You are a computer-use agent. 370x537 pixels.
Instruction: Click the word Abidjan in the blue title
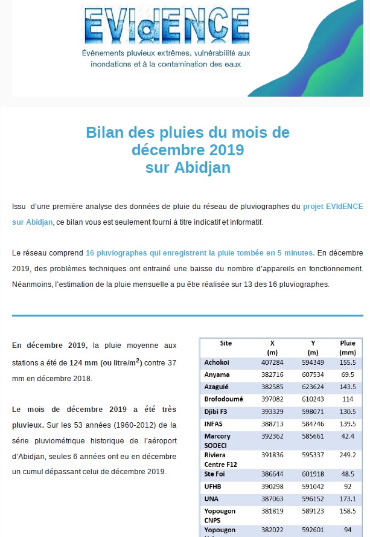click(x=206, y=167)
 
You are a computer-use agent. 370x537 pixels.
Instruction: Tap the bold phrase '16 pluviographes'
click(x=114, y=252)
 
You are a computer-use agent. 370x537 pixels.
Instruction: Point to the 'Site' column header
click(x=226, y=343)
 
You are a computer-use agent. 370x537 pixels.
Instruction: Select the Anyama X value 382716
click(x=273, y=374)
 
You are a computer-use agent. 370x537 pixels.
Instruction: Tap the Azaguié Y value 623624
click(x=312, y=385)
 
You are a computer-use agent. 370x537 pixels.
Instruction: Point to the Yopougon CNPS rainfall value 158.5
click(x=347, y=512)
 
